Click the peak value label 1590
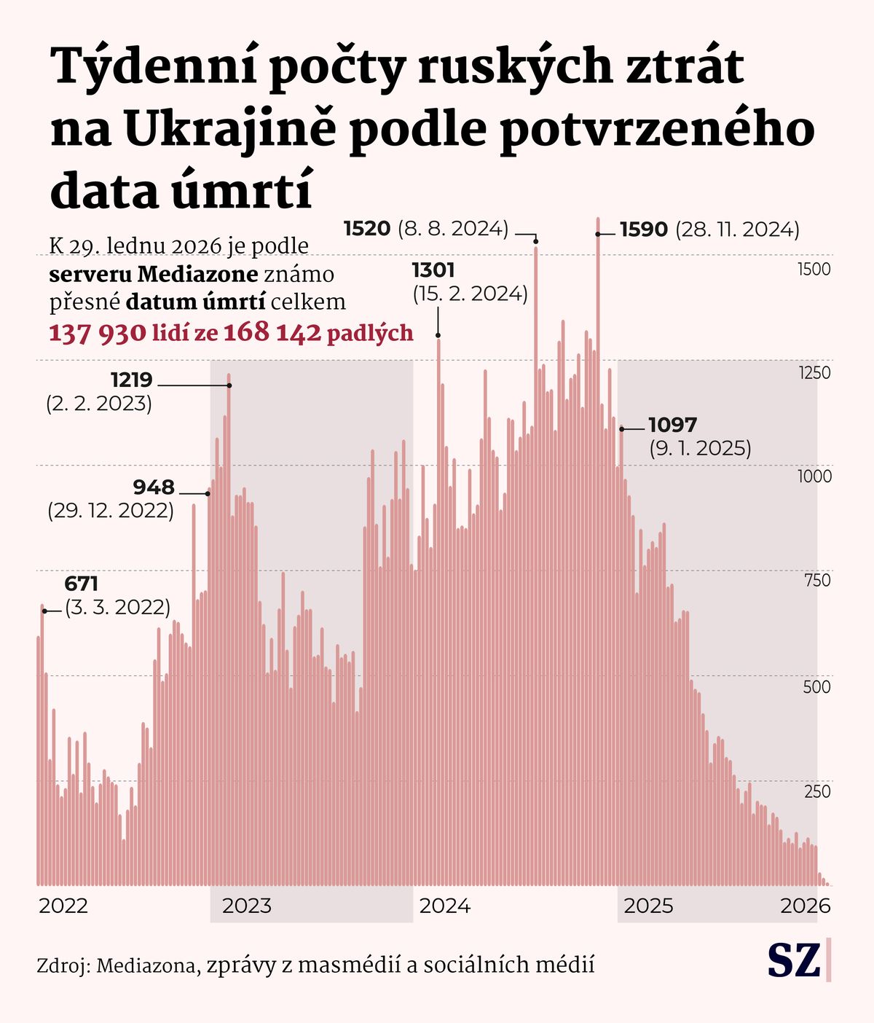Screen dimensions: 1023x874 point(644,230)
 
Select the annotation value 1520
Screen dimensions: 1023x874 point(367,229)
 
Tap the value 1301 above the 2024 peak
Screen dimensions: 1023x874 point(433,270)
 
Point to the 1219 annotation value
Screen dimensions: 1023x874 point(132,380)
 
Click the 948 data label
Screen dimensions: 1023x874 point(154,487)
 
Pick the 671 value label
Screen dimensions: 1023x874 point(82,584)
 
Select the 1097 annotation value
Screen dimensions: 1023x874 point(673,425)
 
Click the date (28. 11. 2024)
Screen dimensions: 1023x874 point(738,230)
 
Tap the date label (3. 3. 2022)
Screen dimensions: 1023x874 point(118,607)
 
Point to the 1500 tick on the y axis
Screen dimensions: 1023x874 point(814,270)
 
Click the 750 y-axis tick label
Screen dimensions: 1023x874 point(816,581)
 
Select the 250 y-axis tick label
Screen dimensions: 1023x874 point(817,791)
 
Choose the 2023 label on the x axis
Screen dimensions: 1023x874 point(246,906)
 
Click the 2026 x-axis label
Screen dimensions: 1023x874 point(806,906)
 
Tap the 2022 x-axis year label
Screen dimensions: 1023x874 point(63,906)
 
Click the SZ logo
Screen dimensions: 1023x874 point(795,960)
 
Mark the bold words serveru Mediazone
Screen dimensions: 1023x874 point(154,274)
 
